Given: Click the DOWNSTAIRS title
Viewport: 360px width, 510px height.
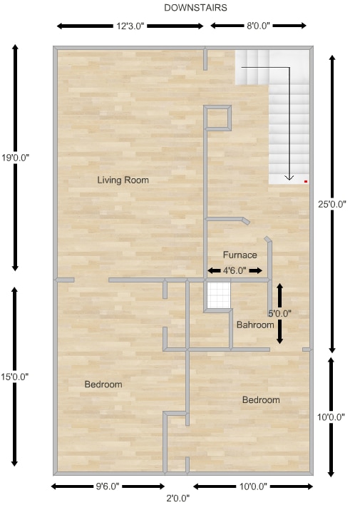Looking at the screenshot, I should [x=195, y=8].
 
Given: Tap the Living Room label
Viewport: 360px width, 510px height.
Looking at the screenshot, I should [x=123, y=180].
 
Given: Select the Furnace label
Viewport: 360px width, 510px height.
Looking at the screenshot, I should [x=240, y=255].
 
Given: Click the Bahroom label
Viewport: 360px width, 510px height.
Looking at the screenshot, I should [x=255, y=325].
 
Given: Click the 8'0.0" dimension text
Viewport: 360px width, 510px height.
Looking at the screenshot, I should [x=258, y=26].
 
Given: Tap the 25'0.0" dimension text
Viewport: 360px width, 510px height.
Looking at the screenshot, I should [x=331, y=204].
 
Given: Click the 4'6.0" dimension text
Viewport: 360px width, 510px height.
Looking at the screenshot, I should [x=235, y=271].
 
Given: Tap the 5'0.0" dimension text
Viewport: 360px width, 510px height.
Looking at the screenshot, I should [x=279, y=313].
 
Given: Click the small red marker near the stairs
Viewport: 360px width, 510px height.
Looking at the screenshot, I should [x=306, y=182].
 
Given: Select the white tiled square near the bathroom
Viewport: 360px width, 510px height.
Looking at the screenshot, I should [x=218, y=295].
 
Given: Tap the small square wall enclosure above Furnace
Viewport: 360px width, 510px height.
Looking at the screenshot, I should [x=218, y=118].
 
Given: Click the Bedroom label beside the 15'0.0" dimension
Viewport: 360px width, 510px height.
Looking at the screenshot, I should [x=103, y=384].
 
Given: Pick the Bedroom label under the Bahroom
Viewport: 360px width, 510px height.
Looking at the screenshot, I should [x=261, y=400].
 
